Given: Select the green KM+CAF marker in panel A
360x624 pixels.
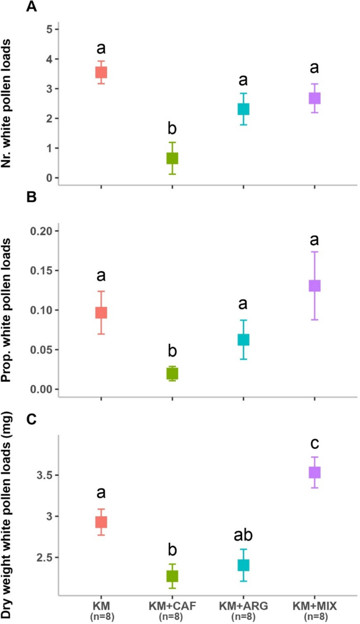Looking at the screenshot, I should [172, 158].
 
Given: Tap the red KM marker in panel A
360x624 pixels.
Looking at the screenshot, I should [101, 72].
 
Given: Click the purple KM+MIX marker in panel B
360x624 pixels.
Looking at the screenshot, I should [315, 286].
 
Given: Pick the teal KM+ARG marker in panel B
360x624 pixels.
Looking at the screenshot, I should [243, 340].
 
